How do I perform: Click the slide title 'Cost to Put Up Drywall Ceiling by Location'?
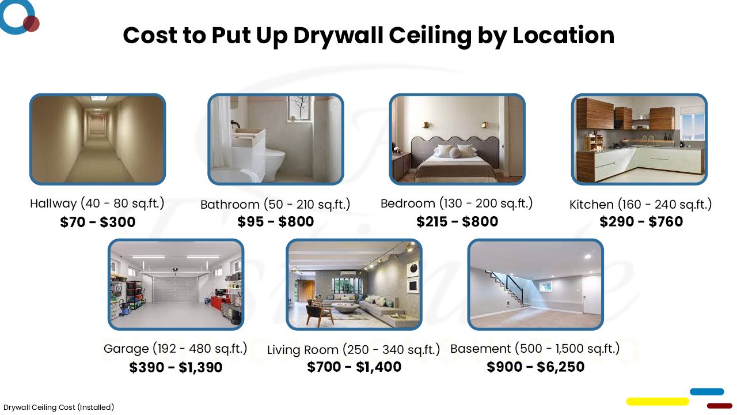[x=368, y=35]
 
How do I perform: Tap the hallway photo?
[x=97, y=139]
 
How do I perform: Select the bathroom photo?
[x=275, y=139]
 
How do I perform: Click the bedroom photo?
[x=457, y=139]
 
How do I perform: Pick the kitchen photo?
[x=639, y=139]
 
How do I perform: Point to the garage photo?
[x=176, y=284]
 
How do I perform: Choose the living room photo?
[x=354, y=284]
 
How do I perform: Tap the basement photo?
[x=535, y=284]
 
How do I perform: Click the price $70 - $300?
[x=97, y=222]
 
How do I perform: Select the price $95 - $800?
[x=276, y=221]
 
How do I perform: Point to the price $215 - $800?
[x=457, y=221]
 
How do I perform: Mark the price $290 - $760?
[x=641, y=221]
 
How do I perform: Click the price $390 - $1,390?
[x=176, y=367]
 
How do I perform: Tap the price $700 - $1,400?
[x=354, y=367]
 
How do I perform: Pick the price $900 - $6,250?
[x=535, y=367]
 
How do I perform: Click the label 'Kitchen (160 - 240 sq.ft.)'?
[x=641, y=204]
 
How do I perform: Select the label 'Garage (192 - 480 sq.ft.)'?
[x=176, y=349]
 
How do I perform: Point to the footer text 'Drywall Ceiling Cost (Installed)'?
[x=59, y=408]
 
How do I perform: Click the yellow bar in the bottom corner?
[x=657, y=401]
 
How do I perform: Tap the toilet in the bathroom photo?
[x=275, y=164]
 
